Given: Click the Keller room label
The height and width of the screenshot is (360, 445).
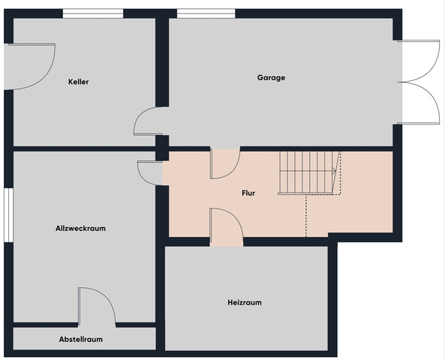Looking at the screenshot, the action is pyautogui.click(x=79, y=82).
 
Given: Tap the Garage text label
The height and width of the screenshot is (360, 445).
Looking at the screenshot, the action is pyautogui.click(x=271, y=77).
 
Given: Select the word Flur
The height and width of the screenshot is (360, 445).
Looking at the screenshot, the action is pyautogui.click(x=248, y=193).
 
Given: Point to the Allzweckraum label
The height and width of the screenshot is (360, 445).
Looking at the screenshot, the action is pyautogui.click(x=80, y=228).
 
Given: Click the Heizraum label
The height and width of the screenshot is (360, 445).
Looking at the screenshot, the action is pyautogui.click(x=245, y=302).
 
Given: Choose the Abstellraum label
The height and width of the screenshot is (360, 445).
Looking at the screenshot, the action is pyautogui.click(x=81, y=339).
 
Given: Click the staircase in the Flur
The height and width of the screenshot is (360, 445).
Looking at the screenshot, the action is pyautogui.click(x=309, y=172).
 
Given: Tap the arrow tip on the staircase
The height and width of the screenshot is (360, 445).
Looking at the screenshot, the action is pyautogui.click(x=335, y=171).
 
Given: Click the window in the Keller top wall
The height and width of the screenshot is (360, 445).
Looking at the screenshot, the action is pyautogui.click(x=93, y=13).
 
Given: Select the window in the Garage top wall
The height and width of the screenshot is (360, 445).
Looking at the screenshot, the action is pyautogui.click(x=206, y=13).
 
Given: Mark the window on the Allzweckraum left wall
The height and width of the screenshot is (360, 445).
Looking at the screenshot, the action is pyautogui.click(x=8, y=215).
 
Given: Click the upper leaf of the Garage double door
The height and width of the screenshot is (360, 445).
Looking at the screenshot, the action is pyautogui.click(x=419, y=61).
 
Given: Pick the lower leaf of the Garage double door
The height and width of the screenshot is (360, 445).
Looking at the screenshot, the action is pyautogui.click(x=419, y=103).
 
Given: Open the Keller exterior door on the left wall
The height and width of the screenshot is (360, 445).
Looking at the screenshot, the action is pyautogui.click(x=32, y=67).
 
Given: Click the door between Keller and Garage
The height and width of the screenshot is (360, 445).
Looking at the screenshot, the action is pyautogui.click(x=148, y=121).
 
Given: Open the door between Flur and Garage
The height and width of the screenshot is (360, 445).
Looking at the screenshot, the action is pyautogui.click(x=225, y=164).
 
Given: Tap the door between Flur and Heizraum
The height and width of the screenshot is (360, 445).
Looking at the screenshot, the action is pyautogui.click(x=226, y=226).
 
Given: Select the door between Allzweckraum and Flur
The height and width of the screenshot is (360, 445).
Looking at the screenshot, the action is pyautogui.click(x=149, y=173).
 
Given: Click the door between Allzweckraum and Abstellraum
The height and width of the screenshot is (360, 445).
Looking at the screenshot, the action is pyautogui.click(x=97, y=307).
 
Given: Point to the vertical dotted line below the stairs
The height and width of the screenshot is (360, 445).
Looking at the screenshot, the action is pyautogui.click(x=306, y=215).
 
